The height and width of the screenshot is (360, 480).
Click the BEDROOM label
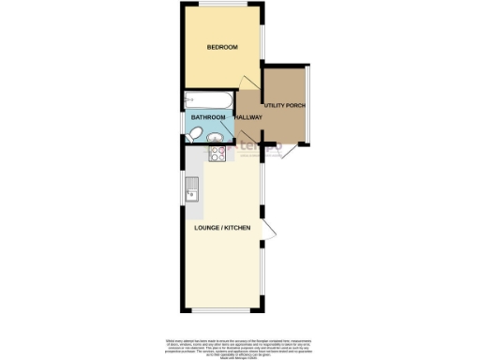point(222,47)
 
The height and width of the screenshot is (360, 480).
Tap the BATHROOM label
point(208,117)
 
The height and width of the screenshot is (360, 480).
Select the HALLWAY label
point(248,117)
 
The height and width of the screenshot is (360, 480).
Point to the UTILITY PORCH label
point(285,105)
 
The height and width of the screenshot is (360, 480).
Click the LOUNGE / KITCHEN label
point(222,228)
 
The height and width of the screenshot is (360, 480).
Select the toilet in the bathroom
point(191,137)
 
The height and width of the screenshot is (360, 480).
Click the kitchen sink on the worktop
point(192,189)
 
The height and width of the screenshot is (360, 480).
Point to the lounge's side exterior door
point(269,231)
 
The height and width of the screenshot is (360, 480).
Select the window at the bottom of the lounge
point(222,310)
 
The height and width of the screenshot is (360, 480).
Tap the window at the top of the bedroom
point(222,7)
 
